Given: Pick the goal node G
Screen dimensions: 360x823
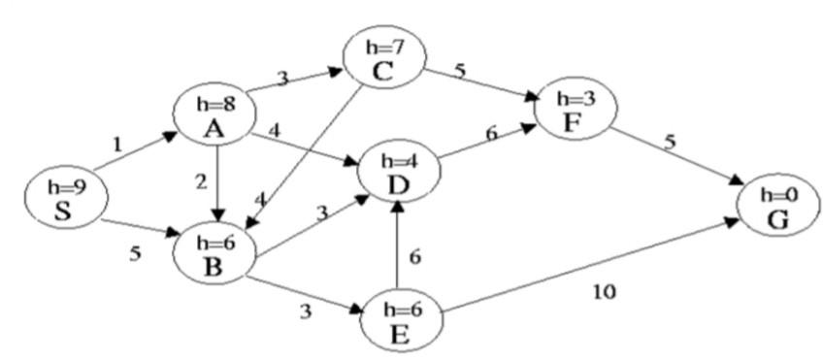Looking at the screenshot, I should click(779, 205).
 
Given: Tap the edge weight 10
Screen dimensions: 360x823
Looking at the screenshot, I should click(605, 290).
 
